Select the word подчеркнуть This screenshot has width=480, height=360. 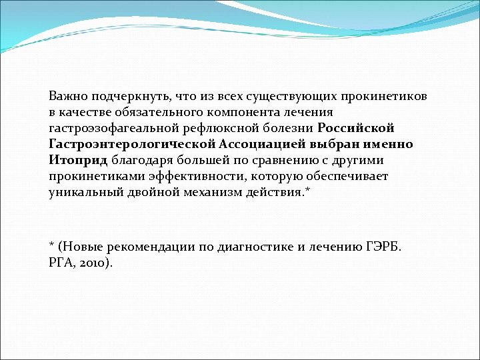tap(124, 96)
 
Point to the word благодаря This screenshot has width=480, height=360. tap(139, 160)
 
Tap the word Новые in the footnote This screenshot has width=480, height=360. tap(81, 246)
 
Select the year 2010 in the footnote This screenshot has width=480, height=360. tap(95, 262)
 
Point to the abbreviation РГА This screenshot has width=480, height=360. tap(62, 262)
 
